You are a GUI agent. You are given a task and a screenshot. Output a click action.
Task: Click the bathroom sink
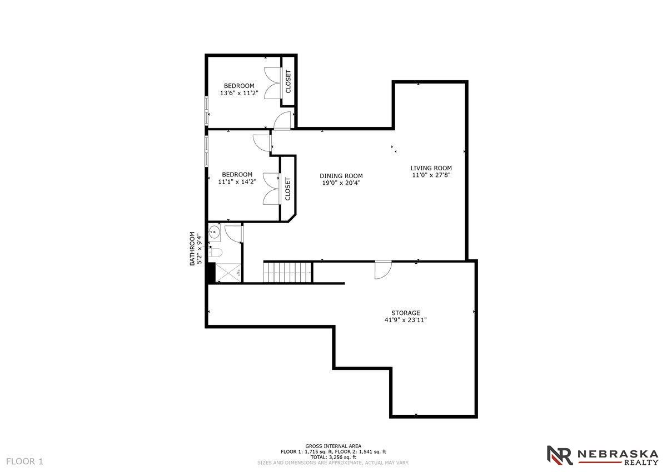point(215,233)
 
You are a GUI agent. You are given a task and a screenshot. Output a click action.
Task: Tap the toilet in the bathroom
point(216,253)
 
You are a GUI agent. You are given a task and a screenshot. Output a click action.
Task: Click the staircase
point(288,272)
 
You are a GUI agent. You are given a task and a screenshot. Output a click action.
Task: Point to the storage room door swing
point(382,270)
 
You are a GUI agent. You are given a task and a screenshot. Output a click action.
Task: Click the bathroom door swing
point(236,234)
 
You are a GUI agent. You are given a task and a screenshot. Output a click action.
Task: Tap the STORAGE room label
point(405,313)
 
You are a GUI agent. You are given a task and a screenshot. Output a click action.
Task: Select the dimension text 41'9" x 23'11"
point(405,320)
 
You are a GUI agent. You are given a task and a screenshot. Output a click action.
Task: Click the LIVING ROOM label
point(431,168)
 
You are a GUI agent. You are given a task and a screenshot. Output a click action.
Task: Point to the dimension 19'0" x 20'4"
point(341,183)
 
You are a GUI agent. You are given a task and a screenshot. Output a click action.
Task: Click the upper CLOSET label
point(288,81)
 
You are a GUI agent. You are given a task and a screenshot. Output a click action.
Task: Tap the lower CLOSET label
point(288,189)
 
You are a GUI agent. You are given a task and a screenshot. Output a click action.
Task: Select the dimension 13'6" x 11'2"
point(239,93)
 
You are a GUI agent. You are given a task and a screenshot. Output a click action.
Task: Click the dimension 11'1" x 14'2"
point(237,181)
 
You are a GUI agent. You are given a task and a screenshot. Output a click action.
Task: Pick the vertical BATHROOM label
point(193,248)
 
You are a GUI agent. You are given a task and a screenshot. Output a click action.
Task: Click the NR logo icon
point(560,455)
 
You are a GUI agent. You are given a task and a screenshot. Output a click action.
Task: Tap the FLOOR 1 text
point(24,461)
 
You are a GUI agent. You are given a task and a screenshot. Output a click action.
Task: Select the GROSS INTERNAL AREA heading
point(333,446)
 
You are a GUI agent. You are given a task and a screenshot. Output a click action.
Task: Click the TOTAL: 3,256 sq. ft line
point(333,457)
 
